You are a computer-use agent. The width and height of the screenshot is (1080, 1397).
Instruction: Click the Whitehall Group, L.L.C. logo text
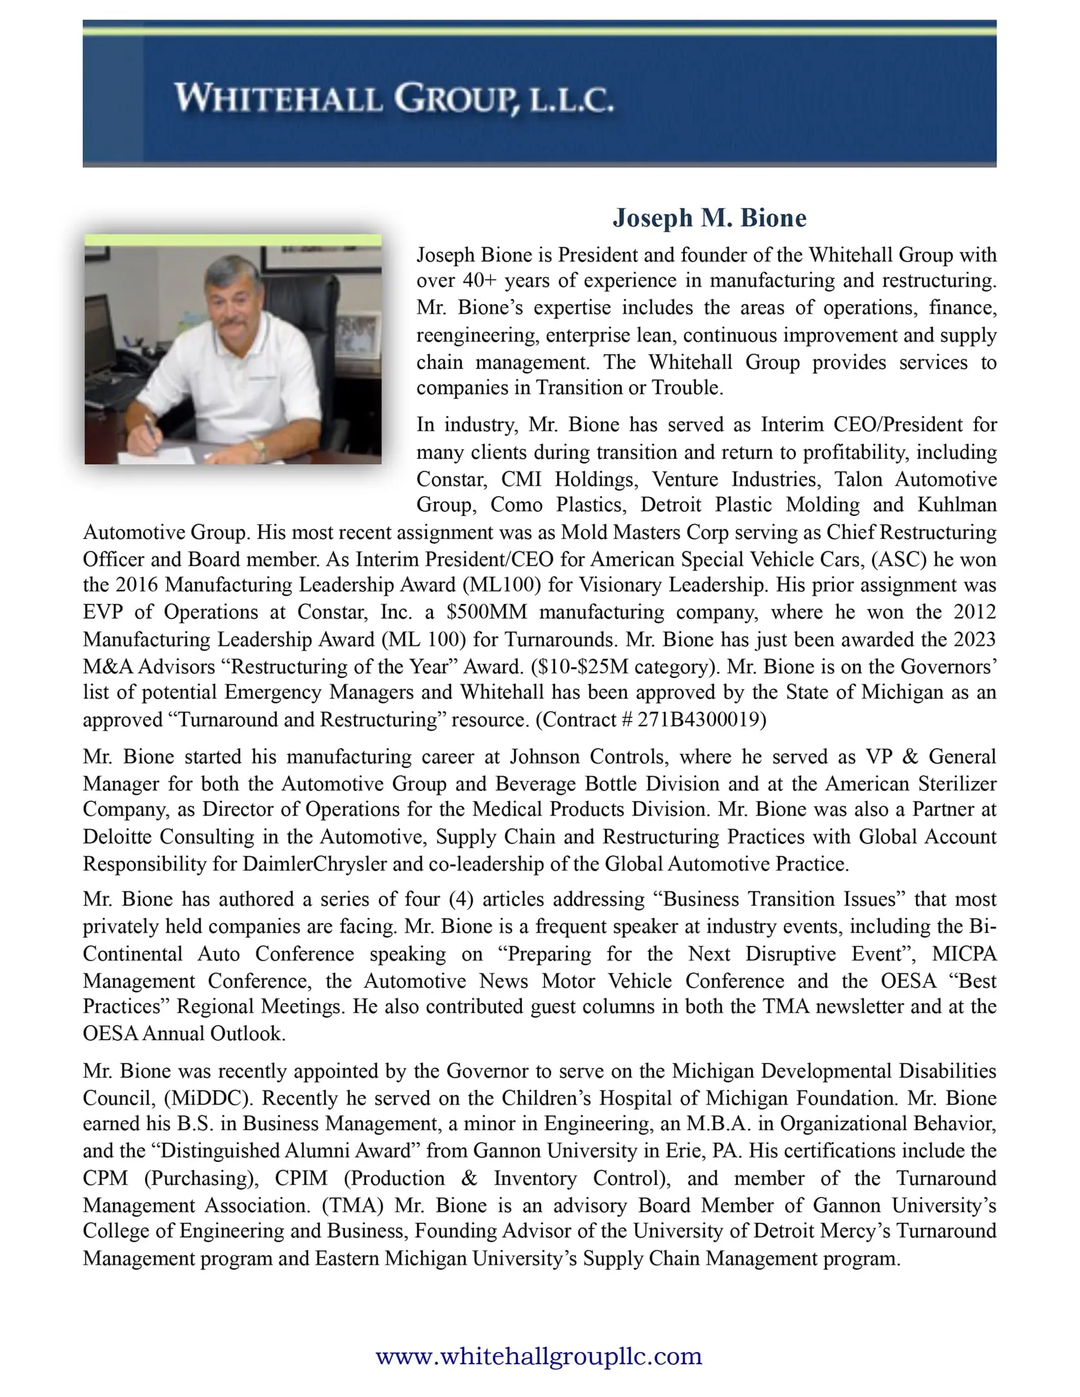pyautogui.click(x=393, y=100)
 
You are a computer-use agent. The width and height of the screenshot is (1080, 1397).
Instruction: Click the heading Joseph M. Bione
pyautogui.click(x=709, y=218)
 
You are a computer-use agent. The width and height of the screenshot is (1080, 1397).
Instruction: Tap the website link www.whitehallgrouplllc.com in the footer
pyautogui.click(x=539, y=1356)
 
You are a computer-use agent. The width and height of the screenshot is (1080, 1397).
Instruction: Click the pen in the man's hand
pyautogui.click(x=151, y=427)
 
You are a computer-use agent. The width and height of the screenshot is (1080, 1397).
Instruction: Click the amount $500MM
pyautogui.click(x=486, y=612)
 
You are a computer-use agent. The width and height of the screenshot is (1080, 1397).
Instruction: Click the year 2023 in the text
pyautogui.click(x=975, y=639)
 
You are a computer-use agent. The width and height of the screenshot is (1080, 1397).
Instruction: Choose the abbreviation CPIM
pyautogui.click(x=301, y=1178)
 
